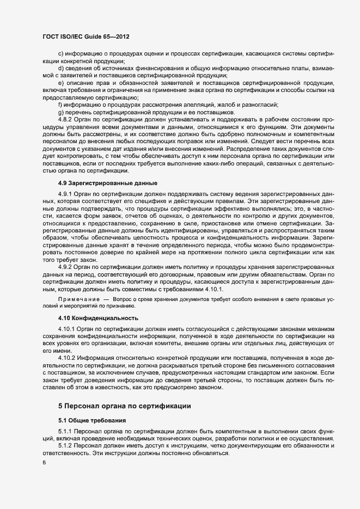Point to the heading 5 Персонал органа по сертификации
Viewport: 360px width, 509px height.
point(124,406)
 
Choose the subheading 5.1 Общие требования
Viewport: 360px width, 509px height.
point(91,420)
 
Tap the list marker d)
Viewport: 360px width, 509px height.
point(60,68)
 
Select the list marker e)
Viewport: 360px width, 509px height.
point(60,82)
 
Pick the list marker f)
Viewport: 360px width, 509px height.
point(60,104)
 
